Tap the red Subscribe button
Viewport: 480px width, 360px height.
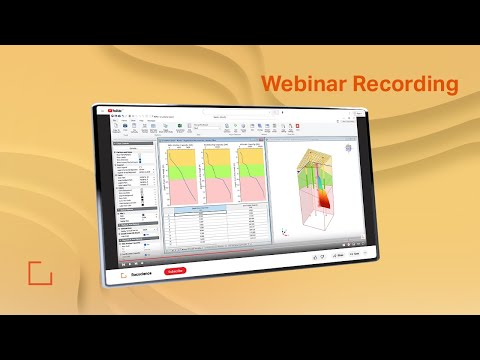tap(174, 271)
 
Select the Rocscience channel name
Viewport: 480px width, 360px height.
tap(146, 271)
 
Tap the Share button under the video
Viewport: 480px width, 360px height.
tap(337, 258)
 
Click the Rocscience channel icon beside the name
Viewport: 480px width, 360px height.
tap(123, 271)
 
